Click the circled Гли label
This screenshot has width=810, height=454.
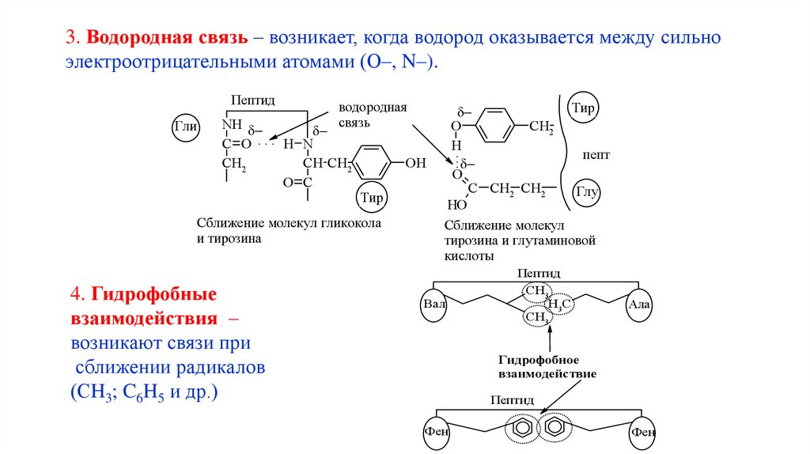pyautogui.click(x=187, y=127)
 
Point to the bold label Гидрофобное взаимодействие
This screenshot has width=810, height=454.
pyautogui.click(x=547, y=365)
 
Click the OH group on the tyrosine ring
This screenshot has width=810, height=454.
pyautogui.click(x=414, y=164)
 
